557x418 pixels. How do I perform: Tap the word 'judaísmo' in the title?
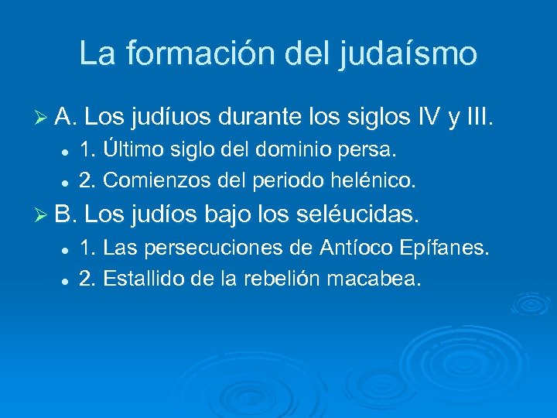pyautogui.click(x=408, y=53)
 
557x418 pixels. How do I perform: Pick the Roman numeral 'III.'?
pyautogui.click(x=476, y=119)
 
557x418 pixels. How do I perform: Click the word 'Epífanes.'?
pyautogui.click(x=445, y=248)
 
